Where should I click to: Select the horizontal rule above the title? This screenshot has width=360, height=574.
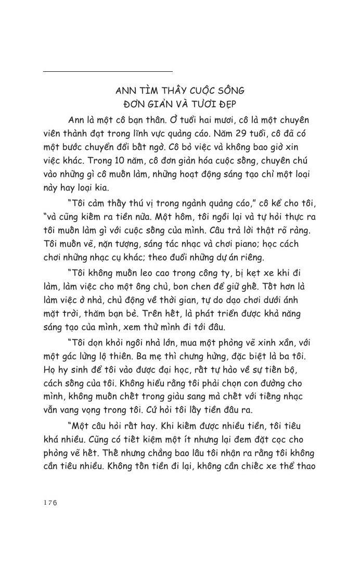coord(108,71)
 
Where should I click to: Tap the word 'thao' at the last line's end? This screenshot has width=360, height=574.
coord(303,466)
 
